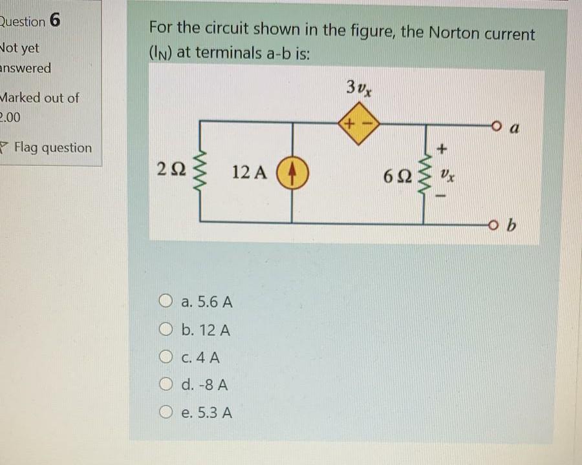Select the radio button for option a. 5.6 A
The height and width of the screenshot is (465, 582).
(166, 302)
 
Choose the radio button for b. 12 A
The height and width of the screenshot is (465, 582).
(166, 330)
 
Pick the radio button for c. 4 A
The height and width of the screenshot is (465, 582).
(166, 357)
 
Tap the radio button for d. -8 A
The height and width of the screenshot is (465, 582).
(166, 386)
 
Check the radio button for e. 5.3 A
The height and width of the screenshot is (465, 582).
(166, 413)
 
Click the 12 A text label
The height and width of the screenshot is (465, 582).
(248, 172)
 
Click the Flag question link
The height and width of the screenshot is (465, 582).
(52, 147)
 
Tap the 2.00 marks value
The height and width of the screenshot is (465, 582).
(12, 117)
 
